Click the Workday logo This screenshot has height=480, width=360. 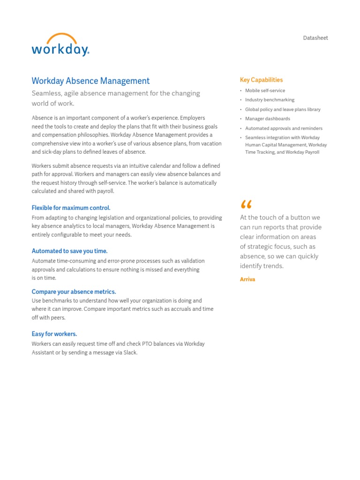click(x=60, y=49)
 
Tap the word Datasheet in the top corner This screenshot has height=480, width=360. click(x=315, y=38)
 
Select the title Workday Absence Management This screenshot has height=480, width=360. click(x=90, y=81)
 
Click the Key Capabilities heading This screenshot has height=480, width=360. click(x=261, y=80)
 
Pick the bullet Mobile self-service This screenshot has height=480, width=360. click(x=265, y=90)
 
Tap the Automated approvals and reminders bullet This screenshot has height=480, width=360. click(x=284, y=128)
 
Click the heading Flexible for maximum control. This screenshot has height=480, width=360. click(x=71, y=208)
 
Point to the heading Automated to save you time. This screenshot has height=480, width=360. click(x=69, y=251)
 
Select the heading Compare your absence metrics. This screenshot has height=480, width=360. click(x=74, y=292)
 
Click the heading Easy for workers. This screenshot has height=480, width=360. click(x=54, y=334)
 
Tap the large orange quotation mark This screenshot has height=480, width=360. click(x=246, y=205)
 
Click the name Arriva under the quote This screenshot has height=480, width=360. click(x=247, y=279)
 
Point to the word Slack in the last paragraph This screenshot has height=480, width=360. click(x=130, y=352)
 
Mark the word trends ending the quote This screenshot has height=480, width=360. click(x=273, y=266)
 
